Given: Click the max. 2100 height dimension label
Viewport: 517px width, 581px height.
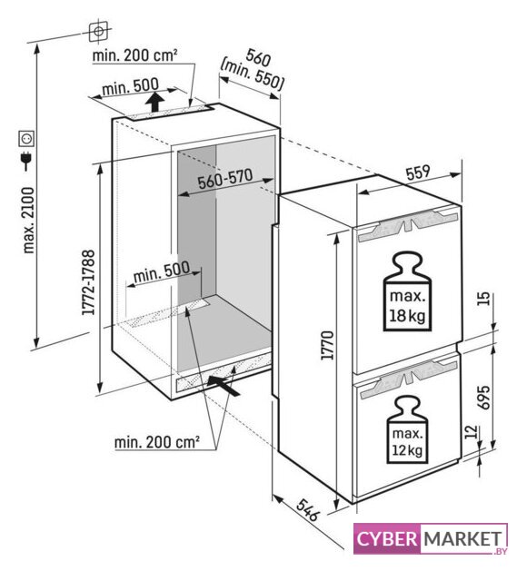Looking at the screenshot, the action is pyautogui.click(x=28, y=220).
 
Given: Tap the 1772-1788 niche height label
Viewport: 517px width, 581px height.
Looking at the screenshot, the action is pyautogui.click(x=89, y=283).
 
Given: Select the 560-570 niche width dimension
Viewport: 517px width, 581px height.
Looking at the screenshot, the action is pyautogui.click(x=224, y=179).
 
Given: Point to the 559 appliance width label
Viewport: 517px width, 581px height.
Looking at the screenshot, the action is pyautogui.click(x=418, y=172).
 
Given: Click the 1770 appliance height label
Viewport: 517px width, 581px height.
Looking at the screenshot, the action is pyautogui.click(x=327, y=345).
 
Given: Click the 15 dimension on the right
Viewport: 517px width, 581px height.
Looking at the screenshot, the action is pyautogui.click(x=483, y=299).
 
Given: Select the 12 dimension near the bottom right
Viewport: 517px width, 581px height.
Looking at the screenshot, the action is pyautogui.click(x=470, y=432).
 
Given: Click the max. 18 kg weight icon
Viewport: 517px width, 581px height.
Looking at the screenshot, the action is pyautogui.click(x=407, y=291).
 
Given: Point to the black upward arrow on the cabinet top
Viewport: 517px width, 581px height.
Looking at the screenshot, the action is pyautogui.click(x=155, y=102).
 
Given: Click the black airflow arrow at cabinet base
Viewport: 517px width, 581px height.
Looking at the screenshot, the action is pyautogui.click(x=224, y=385).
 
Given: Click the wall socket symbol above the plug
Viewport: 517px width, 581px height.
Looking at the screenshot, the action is pyautogui.click(x=27, y=138).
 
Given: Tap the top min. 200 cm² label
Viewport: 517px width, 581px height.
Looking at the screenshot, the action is pyautogui.click(x=134, y=55).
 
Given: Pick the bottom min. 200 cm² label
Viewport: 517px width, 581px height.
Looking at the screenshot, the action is pyautogui.click(x=157, y=442).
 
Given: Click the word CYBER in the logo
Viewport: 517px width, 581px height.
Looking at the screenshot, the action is pyautogui.click(x=387, y=538).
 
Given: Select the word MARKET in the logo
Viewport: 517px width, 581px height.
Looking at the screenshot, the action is pyautogui.click(x=462, y=538).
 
